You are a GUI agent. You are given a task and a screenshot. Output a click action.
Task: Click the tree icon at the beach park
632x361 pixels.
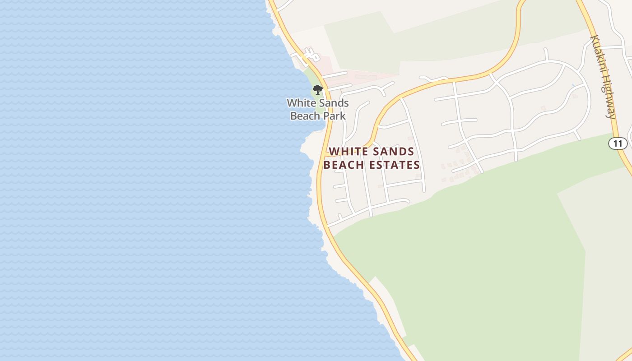[318, 89]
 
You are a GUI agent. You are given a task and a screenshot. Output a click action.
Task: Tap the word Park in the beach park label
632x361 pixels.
[335, 116]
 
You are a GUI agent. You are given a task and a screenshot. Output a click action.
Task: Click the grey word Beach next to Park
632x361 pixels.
[305, 116]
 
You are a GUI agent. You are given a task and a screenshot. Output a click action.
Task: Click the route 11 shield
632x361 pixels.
[618, 144]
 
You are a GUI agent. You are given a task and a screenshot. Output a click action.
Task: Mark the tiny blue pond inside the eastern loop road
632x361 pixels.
[573, 85]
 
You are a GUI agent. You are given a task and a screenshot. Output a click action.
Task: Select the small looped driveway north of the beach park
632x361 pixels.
[309, 55]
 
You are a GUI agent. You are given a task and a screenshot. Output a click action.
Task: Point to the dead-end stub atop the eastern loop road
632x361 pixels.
[546, 54]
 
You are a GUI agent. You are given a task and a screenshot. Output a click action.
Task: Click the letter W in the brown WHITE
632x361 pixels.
[334, 152]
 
